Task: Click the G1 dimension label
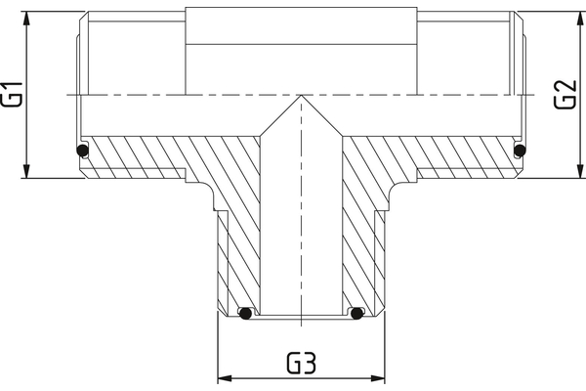click(14, 95)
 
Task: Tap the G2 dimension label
click(564, 95)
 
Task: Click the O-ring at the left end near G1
click(83, 151)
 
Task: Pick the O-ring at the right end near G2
click(520, 151)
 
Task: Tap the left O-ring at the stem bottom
click(246, 315)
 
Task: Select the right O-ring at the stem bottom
click(357, 315)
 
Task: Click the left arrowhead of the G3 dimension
click(222, 377)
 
